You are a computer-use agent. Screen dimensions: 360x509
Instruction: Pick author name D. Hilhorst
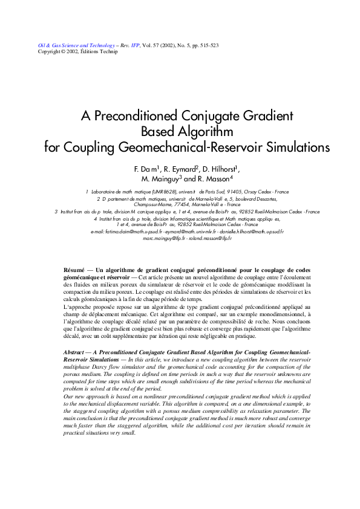[221, 169]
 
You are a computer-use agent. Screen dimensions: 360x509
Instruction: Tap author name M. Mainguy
[160, 179]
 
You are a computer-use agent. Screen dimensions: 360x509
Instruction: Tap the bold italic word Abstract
[75, 352]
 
